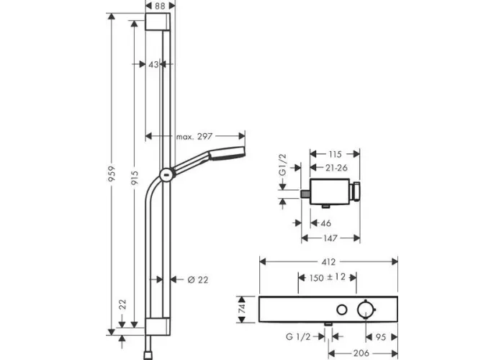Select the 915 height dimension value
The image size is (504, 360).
point(135,178)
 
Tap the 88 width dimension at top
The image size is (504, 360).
point(160,6)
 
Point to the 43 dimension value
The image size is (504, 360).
point(153,65)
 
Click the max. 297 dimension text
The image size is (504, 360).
point(194,137)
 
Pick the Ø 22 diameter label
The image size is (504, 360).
point(198,280)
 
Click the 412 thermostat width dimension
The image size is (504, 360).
point(328,262)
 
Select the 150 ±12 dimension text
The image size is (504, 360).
point(328,277)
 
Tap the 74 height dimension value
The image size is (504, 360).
point(243,309)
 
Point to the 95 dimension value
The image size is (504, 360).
point(381,337)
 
